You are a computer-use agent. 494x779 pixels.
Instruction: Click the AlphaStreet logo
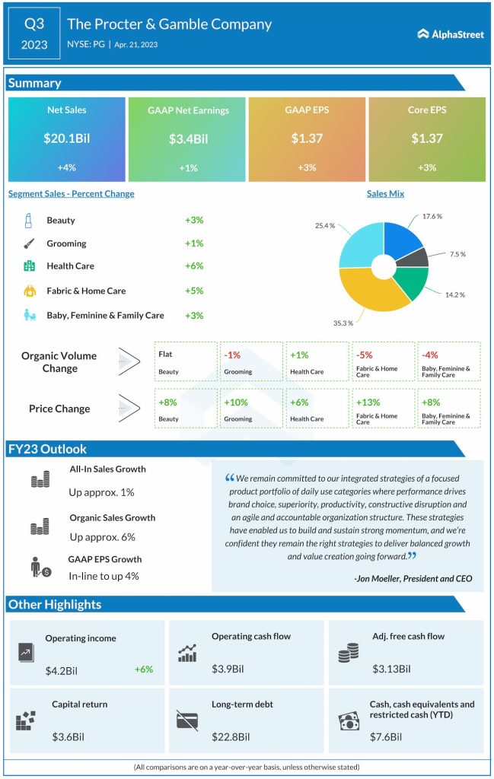point(451,33)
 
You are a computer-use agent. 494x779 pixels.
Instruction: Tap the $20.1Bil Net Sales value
point(67,138)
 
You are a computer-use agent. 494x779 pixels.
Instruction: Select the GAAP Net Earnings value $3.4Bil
point(187,139)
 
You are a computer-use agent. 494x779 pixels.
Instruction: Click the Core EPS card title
point(427,110)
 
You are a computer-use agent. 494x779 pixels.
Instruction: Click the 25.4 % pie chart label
point(325,226)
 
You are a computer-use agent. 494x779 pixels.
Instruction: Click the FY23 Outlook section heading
point(47,449)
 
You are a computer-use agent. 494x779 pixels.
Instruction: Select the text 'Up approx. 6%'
point(102,537)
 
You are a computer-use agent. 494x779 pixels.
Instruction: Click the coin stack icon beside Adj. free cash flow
point(348,652)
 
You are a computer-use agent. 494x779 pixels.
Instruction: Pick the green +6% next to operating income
point(144,669)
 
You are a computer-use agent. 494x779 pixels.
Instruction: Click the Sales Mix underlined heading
point(385,194)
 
